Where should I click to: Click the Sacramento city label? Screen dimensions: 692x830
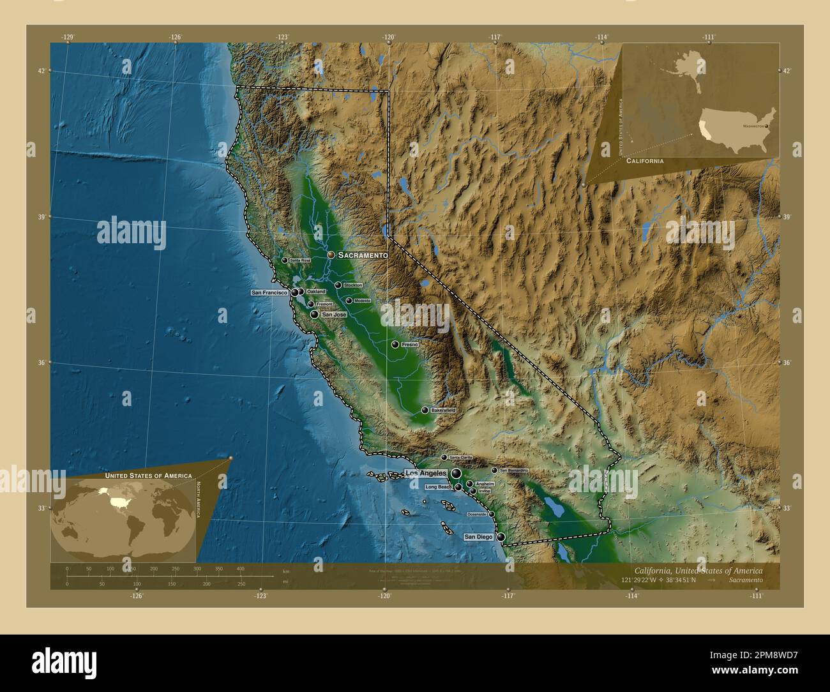pos(363,255)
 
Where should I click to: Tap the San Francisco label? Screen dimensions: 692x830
pos(269,292)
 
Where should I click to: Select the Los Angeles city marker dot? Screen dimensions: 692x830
pos(456,473)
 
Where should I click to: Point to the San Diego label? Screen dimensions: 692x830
pos(478,537)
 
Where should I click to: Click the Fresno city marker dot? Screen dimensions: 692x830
pos(396,345)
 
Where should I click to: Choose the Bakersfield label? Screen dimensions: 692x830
pos(443,410)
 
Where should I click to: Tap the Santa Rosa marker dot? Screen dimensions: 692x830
pos(285,260)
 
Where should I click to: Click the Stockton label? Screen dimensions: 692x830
pos(352,285)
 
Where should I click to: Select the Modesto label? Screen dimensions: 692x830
pos(362,300)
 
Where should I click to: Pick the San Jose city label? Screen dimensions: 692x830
pos(334,315)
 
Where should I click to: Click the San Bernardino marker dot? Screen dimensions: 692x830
pos(494,470)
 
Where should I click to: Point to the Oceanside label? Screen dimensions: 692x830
pos(477,514)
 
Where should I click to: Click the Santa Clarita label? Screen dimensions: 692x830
pos(460,458)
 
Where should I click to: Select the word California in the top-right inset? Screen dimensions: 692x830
pos(644,162)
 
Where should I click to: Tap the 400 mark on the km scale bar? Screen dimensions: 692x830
pos(240,568)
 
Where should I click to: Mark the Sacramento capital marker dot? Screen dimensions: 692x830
pos(331,255)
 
